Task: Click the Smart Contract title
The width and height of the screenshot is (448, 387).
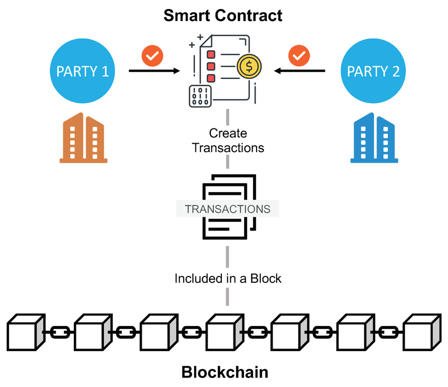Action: [222, 15]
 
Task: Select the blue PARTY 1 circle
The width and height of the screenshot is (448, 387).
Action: [83, 71]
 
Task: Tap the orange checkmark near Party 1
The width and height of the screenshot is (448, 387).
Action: [153, 55]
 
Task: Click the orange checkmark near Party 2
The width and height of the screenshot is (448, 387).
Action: [299, 55]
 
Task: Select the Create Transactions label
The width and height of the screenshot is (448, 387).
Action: [228, 140]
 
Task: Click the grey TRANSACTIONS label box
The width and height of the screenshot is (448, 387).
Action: [227, 209]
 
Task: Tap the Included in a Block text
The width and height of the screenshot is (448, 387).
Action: [228, 278]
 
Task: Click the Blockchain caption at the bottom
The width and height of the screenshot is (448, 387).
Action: [225, 372]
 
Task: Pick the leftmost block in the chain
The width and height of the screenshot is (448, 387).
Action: [26, 332]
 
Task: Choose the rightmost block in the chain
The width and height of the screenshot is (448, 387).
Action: [422, 332]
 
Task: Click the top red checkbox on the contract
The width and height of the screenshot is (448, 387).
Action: [211, 55]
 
